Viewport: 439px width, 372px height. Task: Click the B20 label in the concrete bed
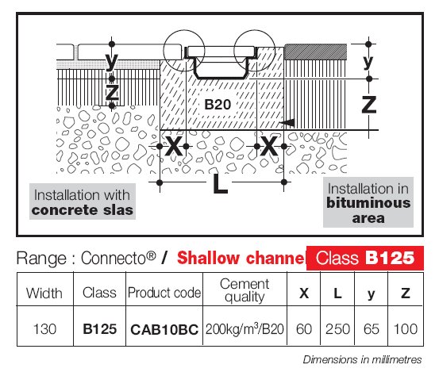(218, 105)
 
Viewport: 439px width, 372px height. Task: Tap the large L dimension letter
(220, 183)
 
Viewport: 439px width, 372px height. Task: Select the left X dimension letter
(174, 146)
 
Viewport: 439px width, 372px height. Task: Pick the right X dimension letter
(269, 146)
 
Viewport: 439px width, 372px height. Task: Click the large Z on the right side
(368, 105)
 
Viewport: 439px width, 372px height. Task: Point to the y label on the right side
(368, 62)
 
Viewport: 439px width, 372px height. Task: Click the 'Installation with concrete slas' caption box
(83, 201)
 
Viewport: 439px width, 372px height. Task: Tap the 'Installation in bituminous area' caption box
(368, 202)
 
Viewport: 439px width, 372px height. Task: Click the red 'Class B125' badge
(365, 258)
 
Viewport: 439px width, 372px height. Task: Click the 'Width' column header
(44, 293)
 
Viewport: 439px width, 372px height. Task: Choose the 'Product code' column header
(164, 293)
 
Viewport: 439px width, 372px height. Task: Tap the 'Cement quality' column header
(245, 290)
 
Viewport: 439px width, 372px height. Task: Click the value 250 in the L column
(337, 329)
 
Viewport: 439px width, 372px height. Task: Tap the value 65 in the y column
(372, 329)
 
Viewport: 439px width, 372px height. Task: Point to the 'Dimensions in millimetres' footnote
(362, 359)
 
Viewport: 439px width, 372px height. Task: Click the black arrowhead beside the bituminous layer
(287, 122)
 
